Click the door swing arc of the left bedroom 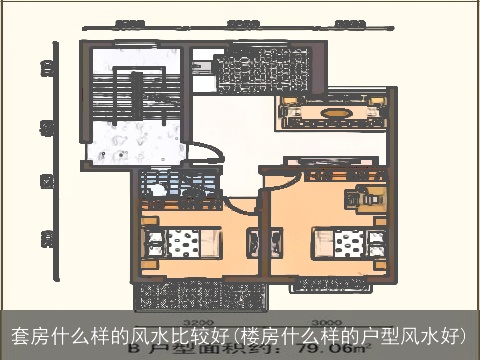pyautogui.click(x=240, y=205)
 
